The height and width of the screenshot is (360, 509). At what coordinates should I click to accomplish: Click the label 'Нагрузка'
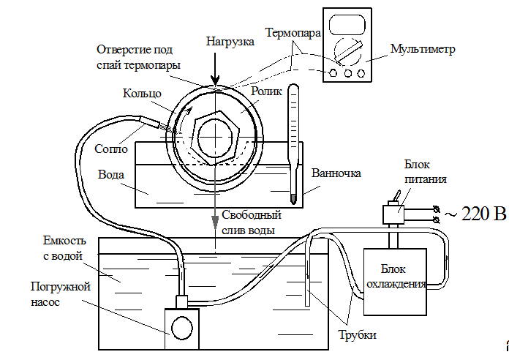230,42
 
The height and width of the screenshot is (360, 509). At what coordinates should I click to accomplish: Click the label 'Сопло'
112,148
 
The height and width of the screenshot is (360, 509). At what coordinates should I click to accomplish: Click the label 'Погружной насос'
60,293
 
